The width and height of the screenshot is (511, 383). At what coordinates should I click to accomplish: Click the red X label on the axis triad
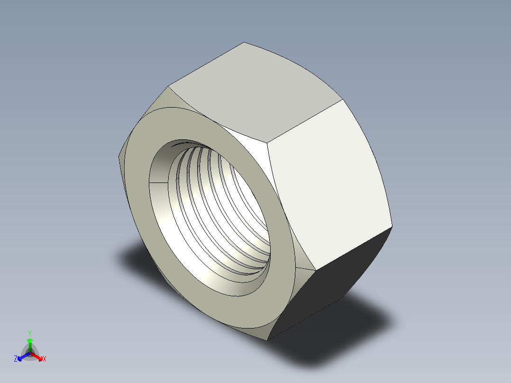click(x=44, y=359)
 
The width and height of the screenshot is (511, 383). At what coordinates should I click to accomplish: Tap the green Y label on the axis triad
click(x=30, y=333)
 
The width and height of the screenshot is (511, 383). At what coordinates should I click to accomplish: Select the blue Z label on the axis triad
click(x=16, y=359)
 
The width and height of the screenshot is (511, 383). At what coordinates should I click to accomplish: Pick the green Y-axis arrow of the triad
click(x=30, y=343)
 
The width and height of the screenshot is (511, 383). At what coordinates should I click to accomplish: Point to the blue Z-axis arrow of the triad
click(x=22, y=356)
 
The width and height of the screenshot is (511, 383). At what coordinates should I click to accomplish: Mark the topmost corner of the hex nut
click(x=244, y=42)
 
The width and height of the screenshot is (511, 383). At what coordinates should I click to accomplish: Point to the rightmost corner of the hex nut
click(x=392, y=227)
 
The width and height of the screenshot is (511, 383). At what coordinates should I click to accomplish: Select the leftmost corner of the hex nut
click(x=118, y=156)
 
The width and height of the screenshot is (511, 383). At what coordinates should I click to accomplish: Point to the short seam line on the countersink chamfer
click(x=158, y=182)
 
